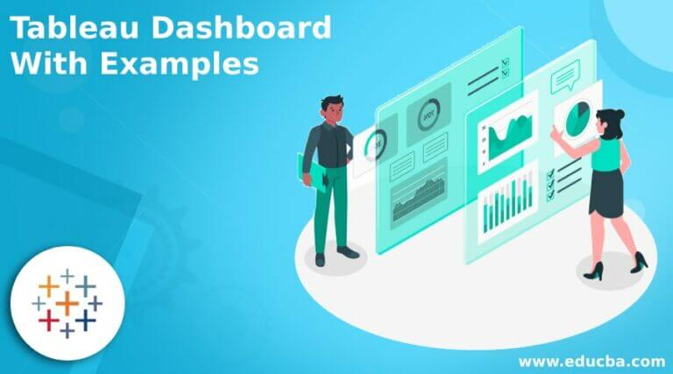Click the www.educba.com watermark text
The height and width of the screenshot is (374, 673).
[592, 361]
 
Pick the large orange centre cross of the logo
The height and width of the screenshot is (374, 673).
[67, 303]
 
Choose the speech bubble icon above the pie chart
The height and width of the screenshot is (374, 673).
[563, 81]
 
